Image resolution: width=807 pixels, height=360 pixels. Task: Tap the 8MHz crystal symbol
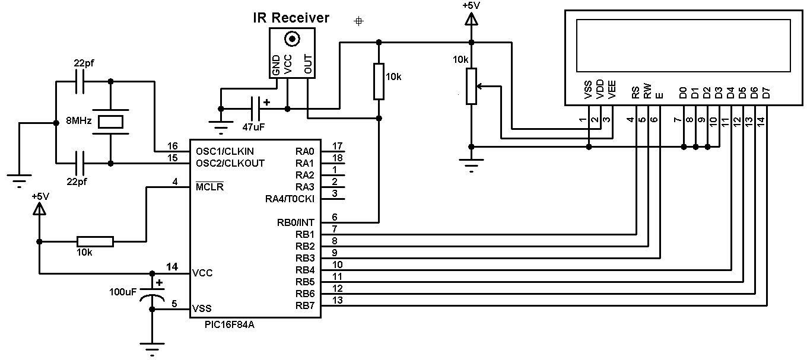point(110,122)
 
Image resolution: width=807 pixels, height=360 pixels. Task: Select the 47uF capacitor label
point(254,127)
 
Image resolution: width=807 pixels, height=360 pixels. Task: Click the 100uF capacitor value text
point(123,292)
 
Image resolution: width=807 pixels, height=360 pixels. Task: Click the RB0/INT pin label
point(297,223)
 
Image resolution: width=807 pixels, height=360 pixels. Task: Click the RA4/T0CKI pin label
point(290,199)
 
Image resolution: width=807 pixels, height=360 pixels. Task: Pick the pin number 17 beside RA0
point(338,146)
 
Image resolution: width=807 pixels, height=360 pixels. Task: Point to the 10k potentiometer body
point(471,87)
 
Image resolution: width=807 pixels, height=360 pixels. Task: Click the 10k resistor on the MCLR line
point(95,241)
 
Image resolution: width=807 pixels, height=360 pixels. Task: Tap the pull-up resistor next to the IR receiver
point(379,82)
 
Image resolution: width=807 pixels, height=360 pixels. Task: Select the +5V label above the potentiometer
point(471,5)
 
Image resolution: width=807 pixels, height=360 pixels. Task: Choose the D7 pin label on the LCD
point(766,93)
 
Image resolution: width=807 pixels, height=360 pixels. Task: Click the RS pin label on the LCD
point(636,93)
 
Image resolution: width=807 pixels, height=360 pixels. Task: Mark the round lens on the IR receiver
point(291,40)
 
